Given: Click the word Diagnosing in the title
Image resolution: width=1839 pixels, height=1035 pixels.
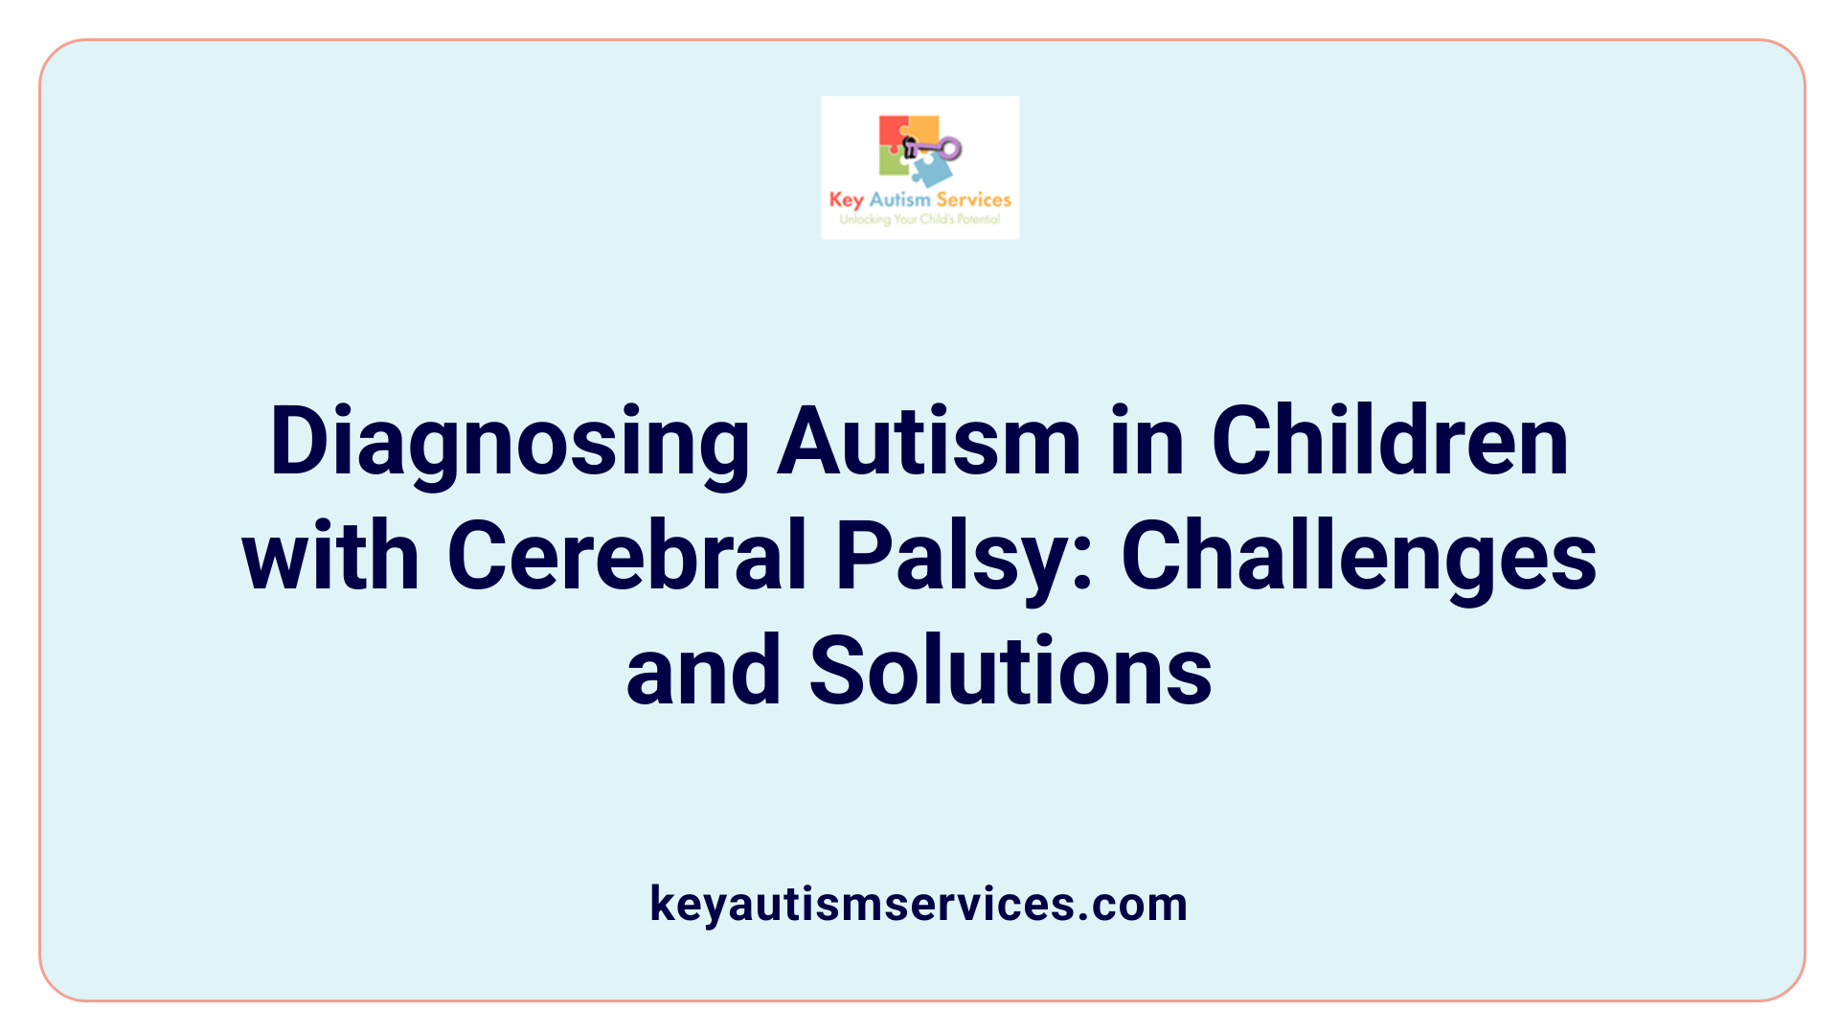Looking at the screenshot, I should pos(510,443).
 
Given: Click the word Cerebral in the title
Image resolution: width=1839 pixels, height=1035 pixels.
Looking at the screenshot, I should pos(625,556).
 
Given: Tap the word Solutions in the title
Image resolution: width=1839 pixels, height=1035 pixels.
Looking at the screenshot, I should pos(1010,671).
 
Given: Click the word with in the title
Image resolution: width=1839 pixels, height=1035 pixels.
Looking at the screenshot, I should pos(330,556).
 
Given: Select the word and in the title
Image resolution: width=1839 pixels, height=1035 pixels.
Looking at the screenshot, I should pos(703,671).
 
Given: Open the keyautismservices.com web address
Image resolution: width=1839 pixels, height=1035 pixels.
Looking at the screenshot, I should pos(919,904).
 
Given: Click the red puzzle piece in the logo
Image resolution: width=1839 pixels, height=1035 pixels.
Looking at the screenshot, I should pos(893,132).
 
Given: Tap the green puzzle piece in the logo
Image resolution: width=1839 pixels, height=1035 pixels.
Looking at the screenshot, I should pos(893,162).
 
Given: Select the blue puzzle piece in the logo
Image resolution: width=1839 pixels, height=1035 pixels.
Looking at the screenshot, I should pos(932,171).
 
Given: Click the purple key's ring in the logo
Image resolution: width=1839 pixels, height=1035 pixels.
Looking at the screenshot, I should pos(949,149).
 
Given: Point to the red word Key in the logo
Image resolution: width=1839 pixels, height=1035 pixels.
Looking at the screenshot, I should pos(846,200).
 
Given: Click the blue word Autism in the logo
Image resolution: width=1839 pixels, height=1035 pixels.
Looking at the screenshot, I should pos(899,199).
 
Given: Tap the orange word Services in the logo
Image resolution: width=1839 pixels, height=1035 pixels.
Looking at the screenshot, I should pos(973,199).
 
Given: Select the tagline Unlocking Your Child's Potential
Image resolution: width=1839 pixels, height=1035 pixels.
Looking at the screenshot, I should pos(919,219).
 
